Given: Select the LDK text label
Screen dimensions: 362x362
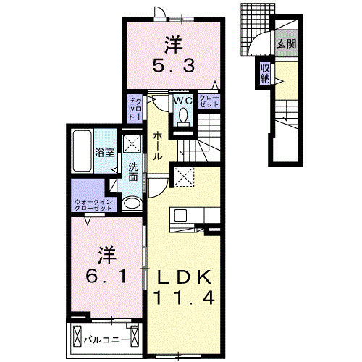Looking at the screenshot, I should (x=181, y=276).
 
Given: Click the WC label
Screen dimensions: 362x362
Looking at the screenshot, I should (x=182, y=101).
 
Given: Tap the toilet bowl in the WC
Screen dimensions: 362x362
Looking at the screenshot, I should (x=182, y=116).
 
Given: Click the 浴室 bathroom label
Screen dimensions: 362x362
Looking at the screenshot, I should (x=105, y=153).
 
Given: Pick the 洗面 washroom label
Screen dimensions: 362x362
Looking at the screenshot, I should (x=134, y=172).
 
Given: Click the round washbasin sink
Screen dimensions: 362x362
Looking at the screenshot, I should (x=132, y=203).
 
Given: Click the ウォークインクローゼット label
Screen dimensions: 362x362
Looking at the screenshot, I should (x=93, y=205).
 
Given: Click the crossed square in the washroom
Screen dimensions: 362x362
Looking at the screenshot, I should (x=132, y=143).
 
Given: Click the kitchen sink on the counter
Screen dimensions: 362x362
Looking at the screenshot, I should (x=180, y=215).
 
